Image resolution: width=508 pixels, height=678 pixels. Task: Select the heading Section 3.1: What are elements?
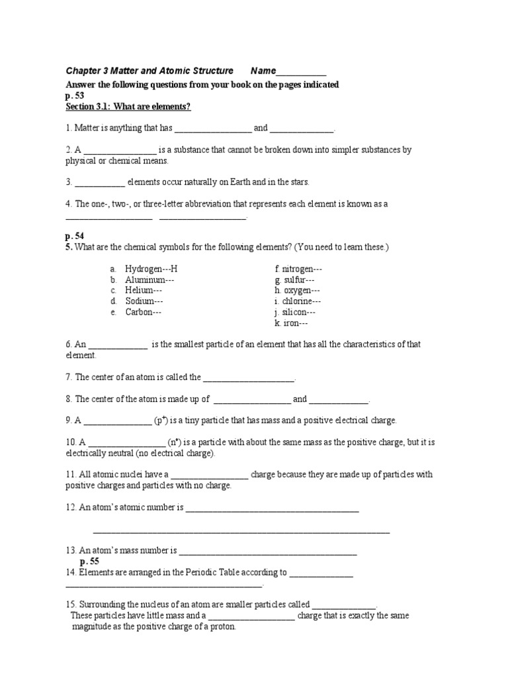(x=128, y=107)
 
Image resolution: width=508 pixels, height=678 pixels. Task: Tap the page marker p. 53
(x=75, y=95)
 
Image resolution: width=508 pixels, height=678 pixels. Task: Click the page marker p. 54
(x=75, y=236)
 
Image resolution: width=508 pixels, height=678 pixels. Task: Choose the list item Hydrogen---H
(x=151, y=269)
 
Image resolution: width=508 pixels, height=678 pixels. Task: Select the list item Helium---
(x=144, y=291)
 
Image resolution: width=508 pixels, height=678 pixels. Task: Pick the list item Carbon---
(x=144, y=312)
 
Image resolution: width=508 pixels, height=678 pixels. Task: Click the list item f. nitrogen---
(x=298, y=269)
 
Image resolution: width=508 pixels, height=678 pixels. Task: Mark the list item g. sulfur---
(x=294, y=280)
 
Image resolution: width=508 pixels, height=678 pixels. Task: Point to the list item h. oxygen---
(x=298, y=291)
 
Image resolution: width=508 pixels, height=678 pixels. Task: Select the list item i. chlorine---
(x=298, y=301)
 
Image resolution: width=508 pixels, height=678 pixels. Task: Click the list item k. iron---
(x=291, y=323)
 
